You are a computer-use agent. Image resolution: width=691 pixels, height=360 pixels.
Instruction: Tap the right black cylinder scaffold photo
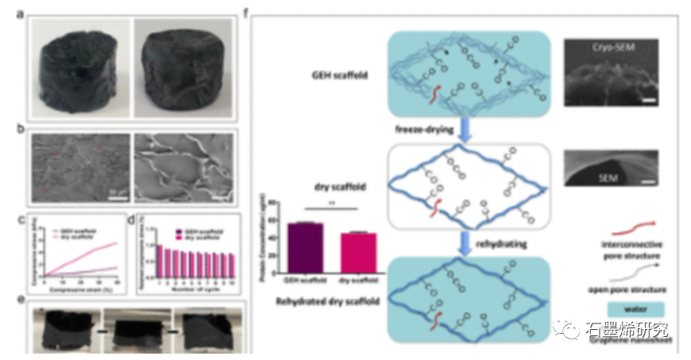(x=185, y=69)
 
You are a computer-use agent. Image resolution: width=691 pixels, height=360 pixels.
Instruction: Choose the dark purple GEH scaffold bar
(x=305, y=247)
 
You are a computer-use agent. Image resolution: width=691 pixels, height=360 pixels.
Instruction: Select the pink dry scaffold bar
(x=357, y=252)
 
